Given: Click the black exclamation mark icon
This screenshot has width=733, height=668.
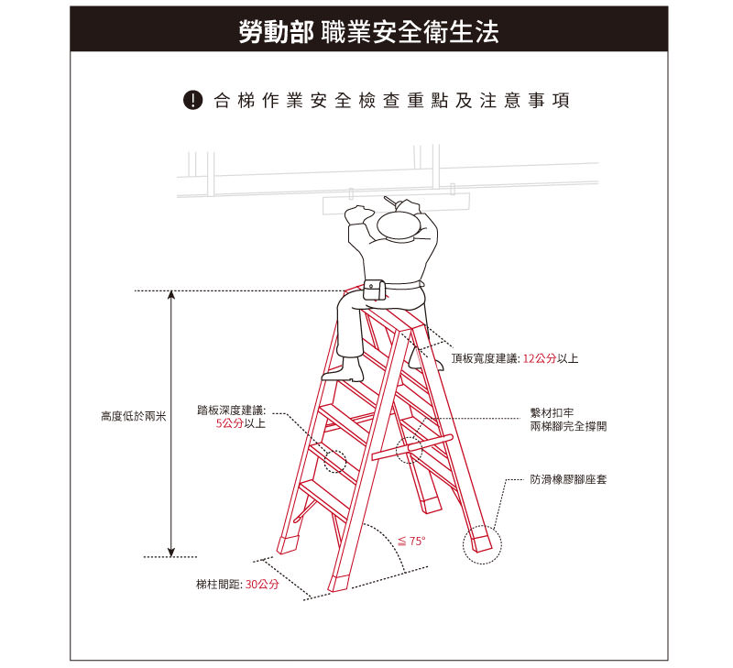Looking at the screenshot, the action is click(192, 100).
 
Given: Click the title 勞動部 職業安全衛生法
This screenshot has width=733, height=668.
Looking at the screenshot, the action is click(368, 32).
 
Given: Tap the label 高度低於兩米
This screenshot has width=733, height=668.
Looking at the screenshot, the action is click(134, 416).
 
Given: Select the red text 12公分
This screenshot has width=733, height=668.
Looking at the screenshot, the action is click(540, 358).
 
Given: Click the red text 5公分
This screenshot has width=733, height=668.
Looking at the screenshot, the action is click(230, 423).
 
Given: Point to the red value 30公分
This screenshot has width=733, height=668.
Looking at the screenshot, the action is click(262, 584).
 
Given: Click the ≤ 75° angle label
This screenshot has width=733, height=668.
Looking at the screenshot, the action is click(411, 542).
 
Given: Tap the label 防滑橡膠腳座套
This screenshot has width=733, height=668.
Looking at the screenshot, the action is click(568, 479).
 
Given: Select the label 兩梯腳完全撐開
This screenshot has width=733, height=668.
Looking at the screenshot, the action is click(568, 426).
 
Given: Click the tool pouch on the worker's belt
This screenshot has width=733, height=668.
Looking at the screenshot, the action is click(374, 290).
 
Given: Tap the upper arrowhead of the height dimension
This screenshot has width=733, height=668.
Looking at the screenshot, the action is click(171, 295).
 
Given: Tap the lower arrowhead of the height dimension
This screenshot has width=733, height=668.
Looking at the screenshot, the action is click(171, 552).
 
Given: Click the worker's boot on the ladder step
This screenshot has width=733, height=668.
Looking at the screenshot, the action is click(343, 371).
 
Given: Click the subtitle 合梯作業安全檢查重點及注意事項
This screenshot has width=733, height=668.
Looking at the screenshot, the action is click(392, 101).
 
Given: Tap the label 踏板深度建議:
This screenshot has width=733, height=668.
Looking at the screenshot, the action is click(232, 411).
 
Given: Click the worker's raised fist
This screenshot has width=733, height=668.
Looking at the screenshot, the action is click(358, 215).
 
